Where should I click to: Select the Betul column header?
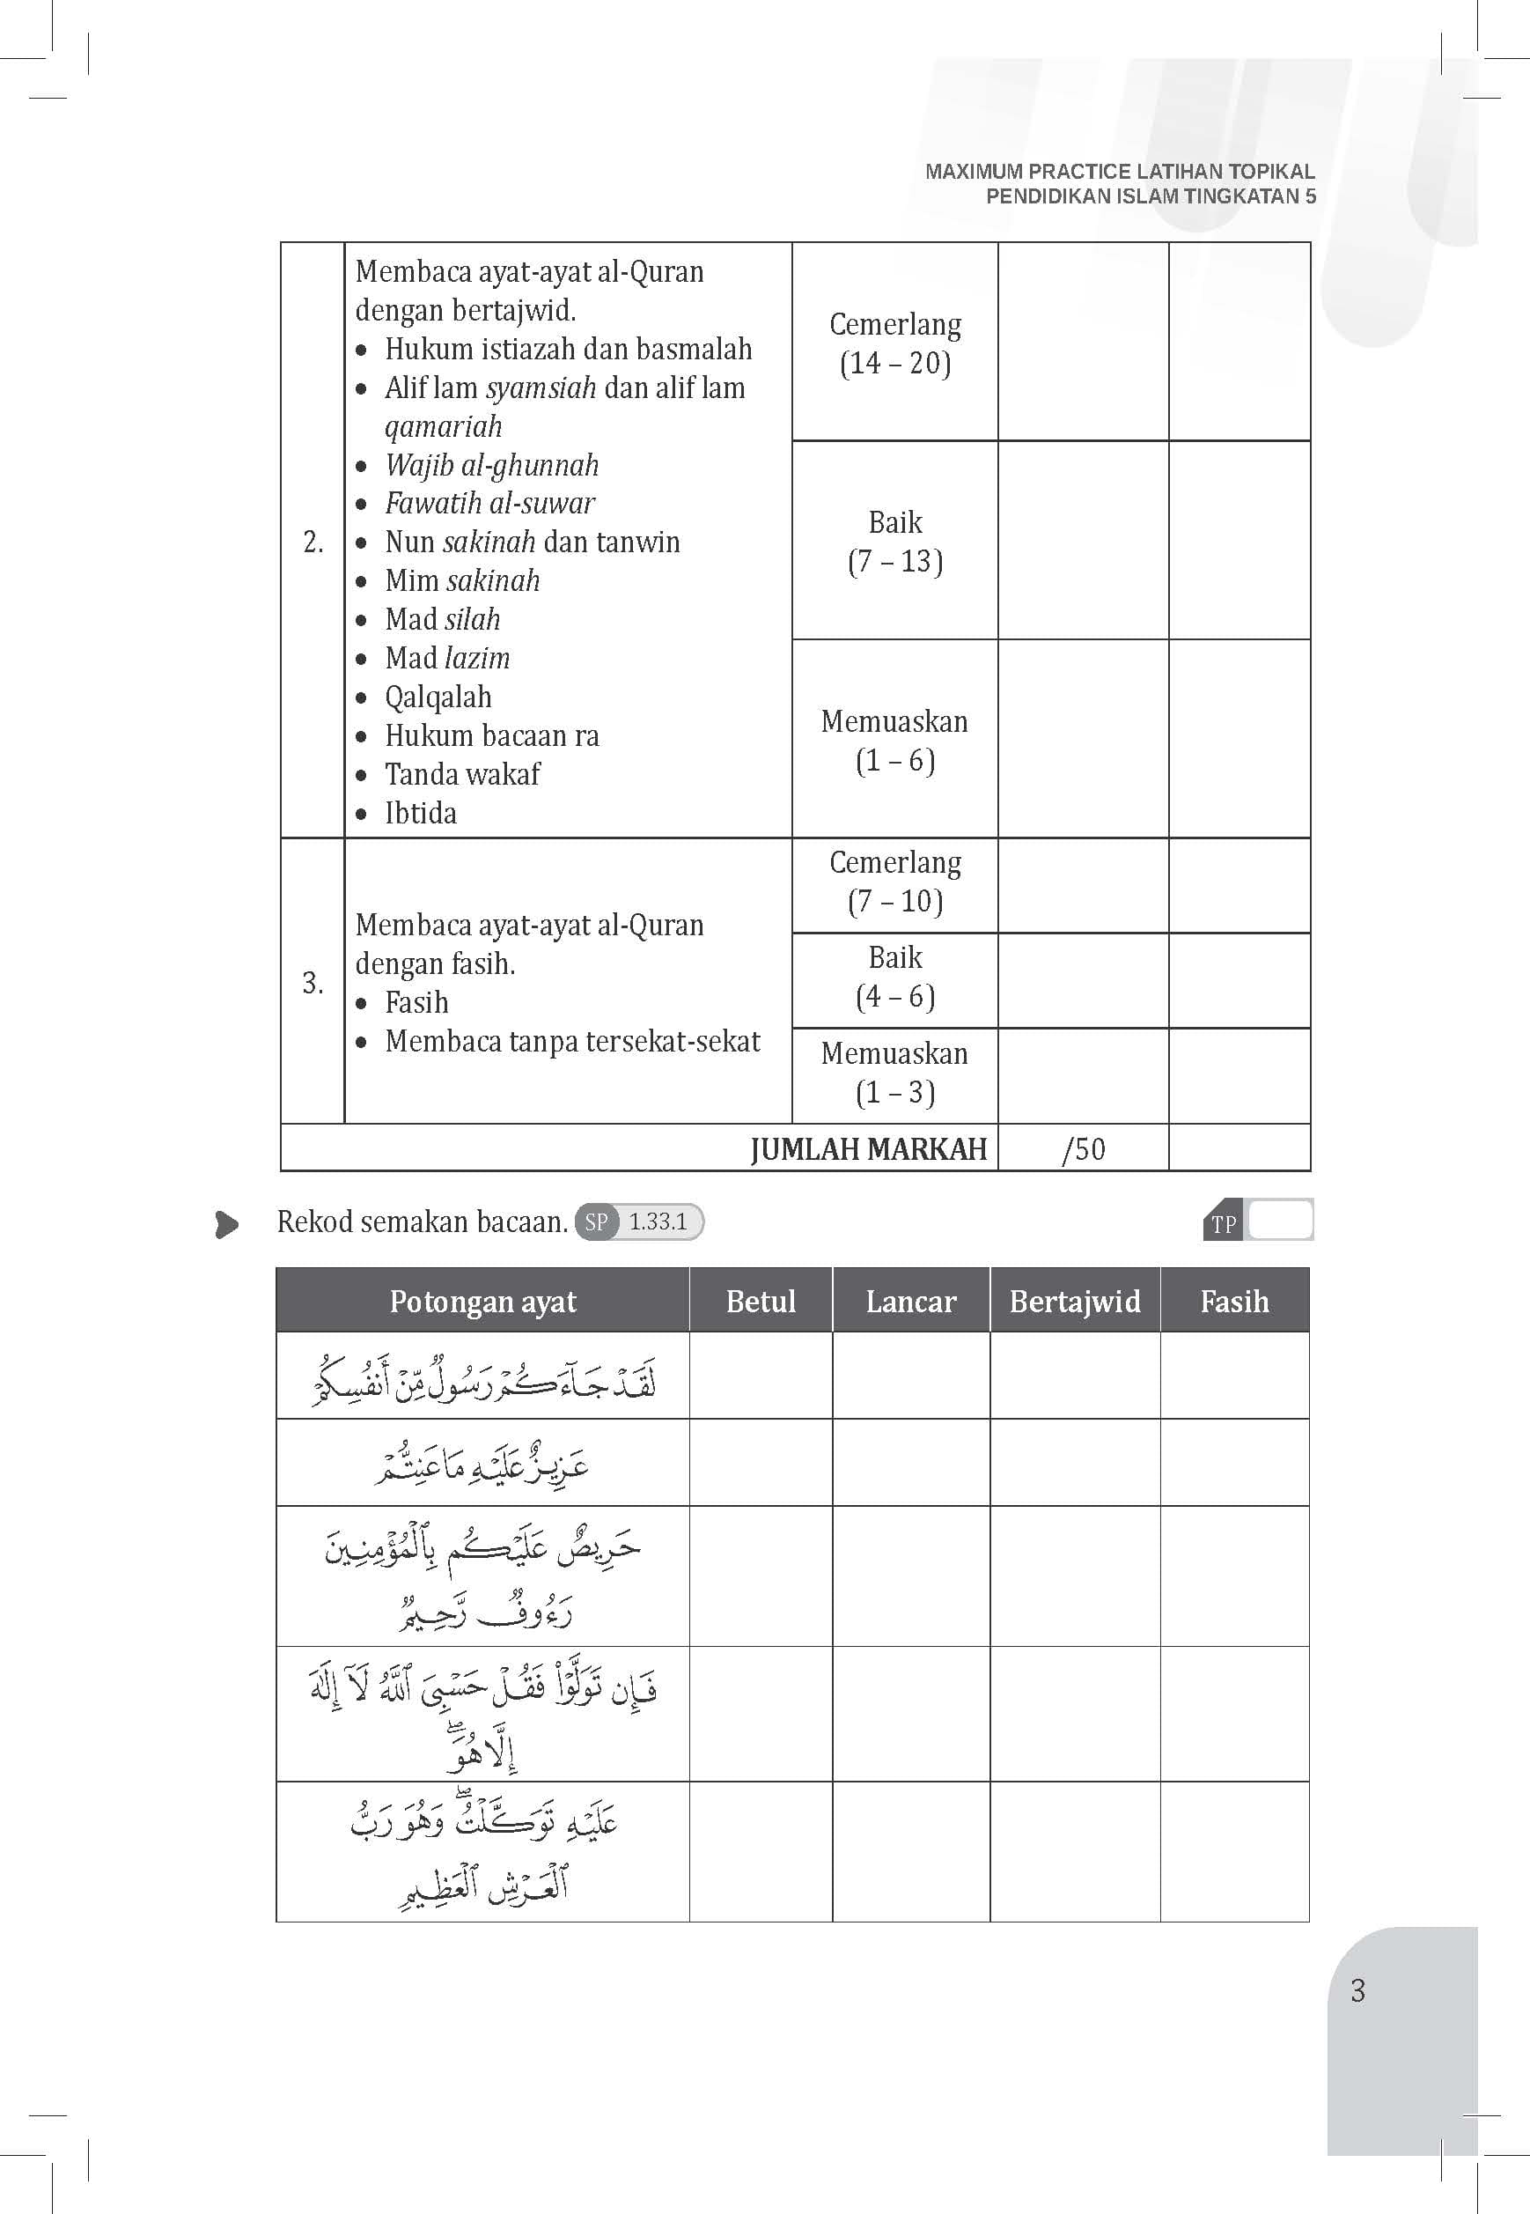[761, 1301]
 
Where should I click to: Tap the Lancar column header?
[911, 1301]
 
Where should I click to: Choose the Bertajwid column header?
[1075, 1301]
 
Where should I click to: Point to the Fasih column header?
[1234, 1301]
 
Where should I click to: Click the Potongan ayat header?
[482, 1301]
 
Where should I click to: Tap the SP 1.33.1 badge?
[639, 1221]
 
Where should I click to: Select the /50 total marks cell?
[1084, 1148]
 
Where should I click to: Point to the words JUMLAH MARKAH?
[869, 1148]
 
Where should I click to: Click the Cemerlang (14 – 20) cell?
[895, 343]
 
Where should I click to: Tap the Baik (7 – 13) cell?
[895, 542]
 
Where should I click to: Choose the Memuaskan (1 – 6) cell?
[895, 741]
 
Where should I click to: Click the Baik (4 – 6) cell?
[895, 977]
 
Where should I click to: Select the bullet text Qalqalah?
[438, 697]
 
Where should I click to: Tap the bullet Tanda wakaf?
[462, 774]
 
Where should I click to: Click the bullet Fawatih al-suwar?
[489, 504]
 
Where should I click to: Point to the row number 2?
[313, 542]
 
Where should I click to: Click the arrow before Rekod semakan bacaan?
[227, 1224]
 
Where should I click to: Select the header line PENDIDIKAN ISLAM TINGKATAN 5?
[1151, 196]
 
